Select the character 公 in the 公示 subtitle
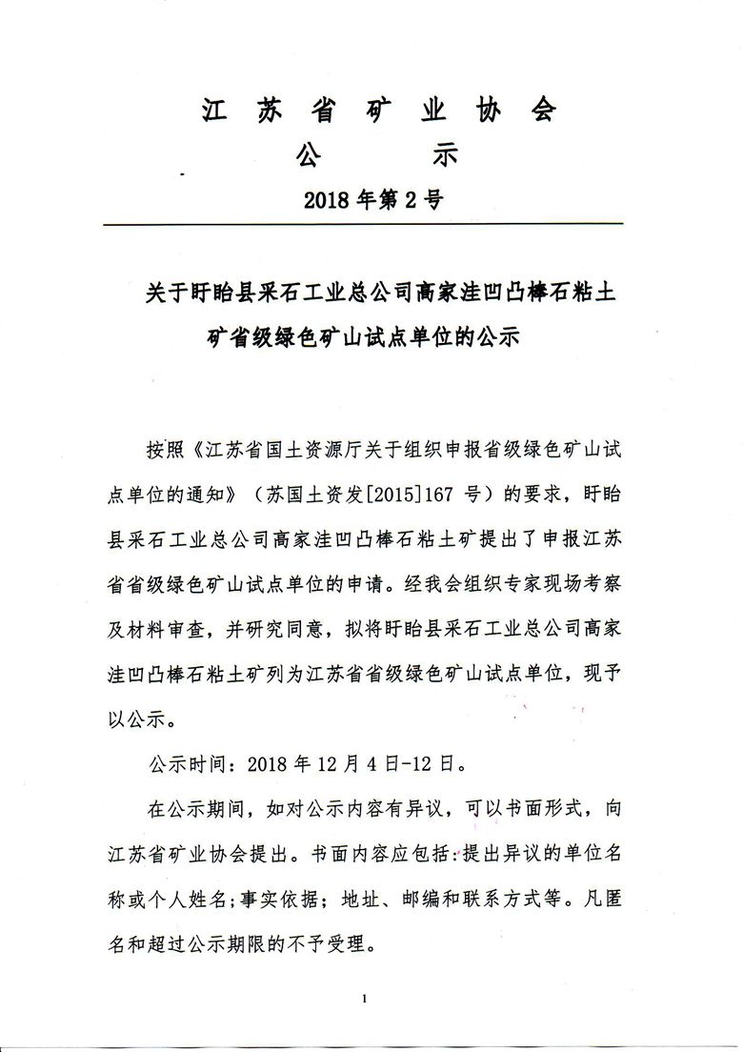(x=310, y=153)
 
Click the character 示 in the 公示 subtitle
(x=445, y=153)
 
